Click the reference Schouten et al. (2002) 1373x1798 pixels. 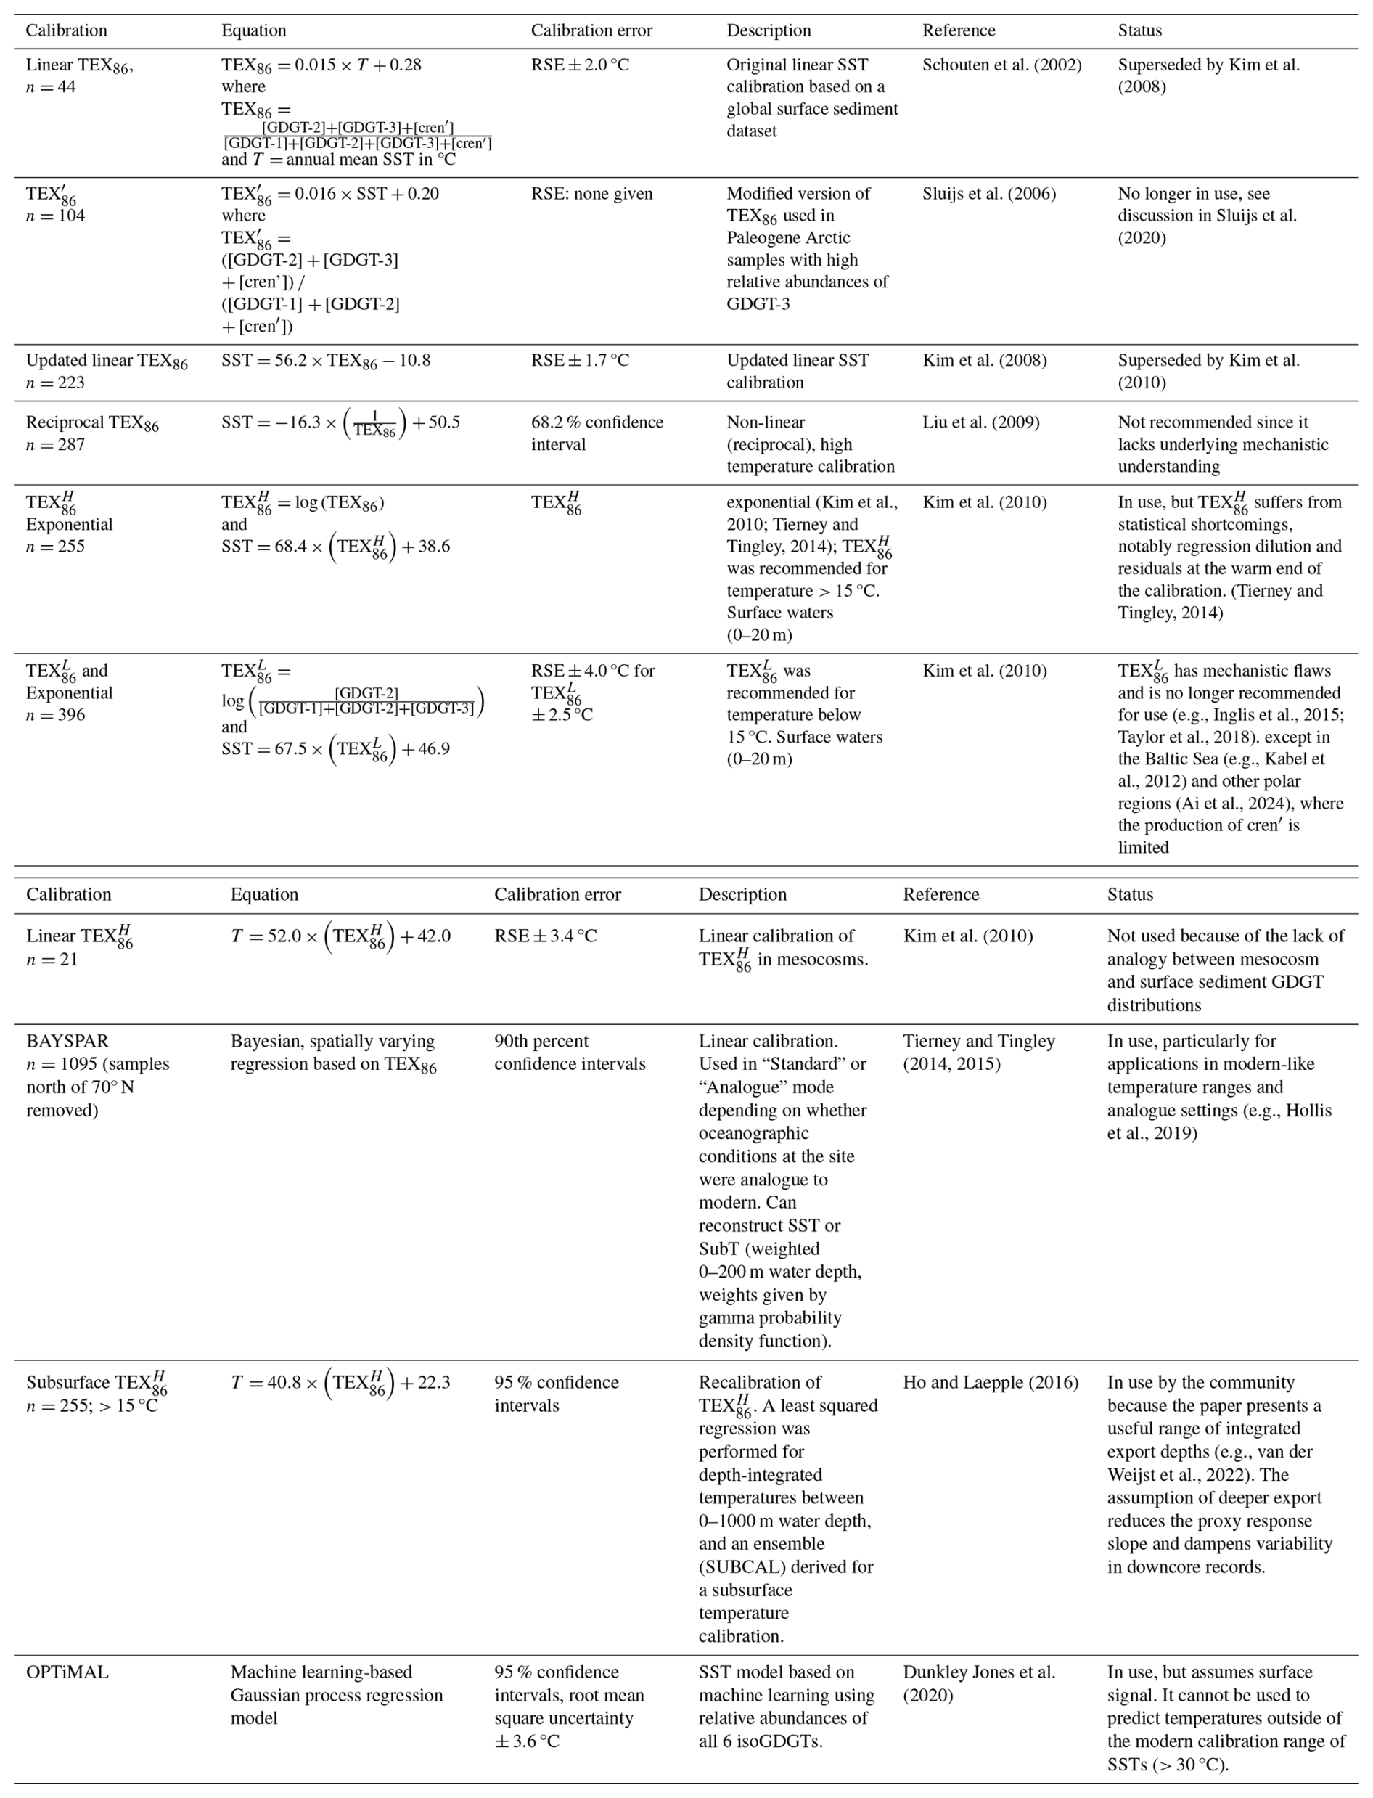tap(1001, 65)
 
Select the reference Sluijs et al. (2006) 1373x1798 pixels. tap(989, 194)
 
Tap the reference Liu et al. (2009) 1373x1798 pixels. tap(980, 422)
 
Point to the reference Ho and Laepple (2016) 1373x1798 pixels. tap(991, 1383)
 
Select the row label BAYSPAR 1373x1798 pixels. tap(67, 1041)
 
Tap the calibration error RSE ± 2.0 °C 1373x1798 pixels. tap(581, 65)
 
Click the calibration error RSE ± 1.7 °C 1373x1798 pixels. tap(581, 361)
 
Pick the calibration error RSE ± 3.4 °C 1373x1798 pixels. tap(545, 936)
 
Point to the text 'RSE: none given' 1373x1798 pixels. tap(591, 194)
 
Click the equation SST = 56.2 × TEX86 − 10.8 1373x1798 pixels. tap(325, 361)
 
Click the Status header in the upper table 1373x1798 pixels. tap(1139, 31)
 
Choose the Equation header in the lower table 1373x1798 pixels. tap(264, 894)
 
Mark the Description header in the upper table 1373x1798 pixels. tap(769, 31)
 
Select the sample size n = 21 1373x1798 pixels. tap(52, 960)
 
